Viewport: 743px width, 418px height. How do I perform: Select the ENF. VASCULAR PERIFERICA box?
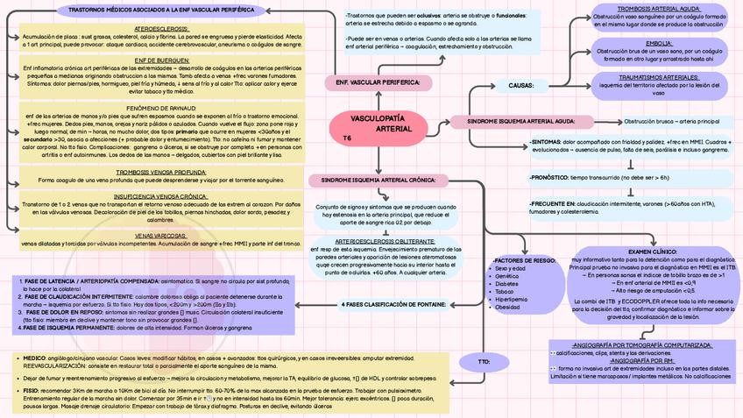coord(379,81)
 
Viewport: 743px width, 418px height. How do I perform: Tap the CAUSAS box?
coord(521,85)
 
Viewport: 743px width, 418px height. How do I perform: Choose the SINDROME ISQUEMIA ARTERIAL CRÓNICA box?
coord(379,179)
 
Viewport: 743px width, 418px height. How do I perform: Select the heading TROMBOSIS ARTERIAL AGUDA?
coord(658,8)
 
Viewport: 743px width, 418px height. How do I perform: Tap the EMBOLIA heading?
coord(658,42)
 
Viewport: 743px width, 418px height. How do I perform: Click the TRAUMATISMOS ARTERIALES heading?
coord(658,76)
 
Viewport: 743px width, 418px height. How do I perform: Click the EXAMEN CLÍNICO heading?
coord(652,252)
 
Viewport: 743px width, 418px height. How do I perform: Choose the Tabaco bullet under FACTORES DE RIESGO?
coord(506,292)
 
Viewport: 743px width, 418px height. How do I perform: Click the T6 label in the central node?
coord(347,138)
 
